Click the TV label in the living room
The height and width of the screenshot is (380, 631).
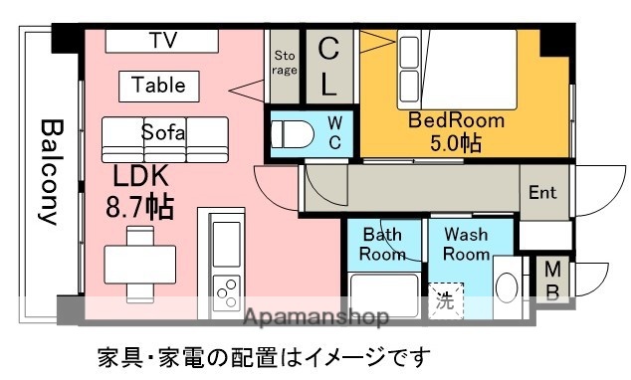click(x=161, y=40)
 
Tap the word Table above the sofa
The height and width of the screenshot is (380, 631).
click(x=158, y=86)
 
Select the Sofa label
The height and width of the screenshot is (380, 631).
click(x=163, y=132)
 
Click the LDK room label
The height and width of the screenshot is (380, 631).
click(x=140, y=176)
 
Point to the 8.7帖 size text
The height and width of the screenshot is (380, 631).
click(x=140, y=207)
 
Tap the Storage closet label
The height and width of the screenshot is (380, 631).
click(x=285, y=63)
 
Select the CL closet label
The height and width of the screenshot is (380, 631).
click(x=328, y=66)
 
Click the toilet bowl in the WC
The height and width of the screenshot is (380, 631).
click(x=293, y=133)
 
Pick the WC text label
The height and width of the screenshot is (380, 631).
click(x=334, y=133)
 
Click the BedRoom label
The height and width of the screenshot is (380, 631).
click(x=456, y=121)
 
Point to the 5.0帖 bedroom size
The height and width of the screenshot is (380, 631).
click(x=456, y=144)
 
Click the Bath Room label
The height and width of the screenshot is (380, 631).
click(x=382, y=245)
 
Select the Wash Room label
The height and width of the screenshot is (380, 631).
click(x=466, y=245)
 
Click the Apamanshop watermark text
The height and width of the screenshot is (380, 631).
click(x=316, y=318)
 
